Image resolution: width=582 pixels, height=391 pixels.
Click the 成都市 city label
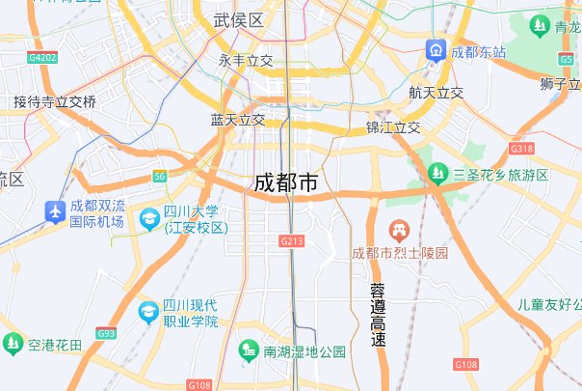coord(285,182)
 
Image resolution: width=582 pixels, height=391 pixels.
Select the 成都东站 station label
coord(479,51)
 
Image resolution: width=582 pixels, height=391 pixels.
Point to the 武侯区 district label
coord(238,20)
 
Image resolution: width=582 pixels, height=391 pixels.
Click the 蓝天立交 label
coord(238,120)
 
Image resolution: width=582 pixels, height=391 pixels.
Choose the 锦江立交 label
coord(393,127)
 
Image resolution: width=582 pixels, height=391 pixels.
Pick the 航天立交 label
coord(436,94)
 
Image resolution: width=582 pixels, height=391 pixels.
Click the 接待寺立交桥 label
coord(55,102)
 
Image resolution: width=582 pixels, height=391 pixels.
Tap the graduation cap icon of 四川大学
coord(149,219)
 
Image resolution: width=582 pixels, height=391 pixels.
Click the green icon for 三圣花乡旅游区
coord(437,174)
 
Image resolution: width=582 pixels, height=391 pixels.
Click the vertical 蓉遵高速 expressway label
coord(378,316)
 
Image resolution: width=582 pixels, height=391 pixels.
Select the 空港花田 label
coord(55,345)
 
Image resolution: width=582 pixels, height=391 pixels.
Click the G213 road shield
coord(292,239)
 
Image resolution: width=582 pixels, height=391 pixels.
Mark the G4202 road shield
coord(43,58)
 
